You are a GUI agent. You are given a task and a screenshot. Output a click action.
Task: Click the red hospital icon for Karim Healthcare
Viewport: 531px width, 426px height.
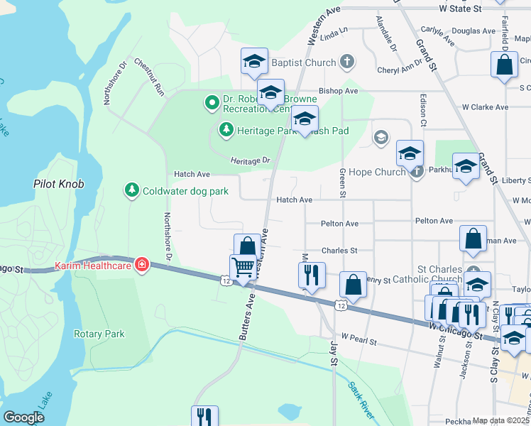click(143, 265)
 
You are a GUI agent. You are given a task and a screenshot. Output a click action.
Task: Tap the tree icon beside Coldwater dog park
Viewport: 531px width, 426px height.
click(131, 190)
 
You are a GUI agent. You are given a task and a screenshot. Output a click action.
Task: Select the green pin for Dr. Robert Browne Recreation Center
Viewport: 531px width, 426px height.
click(212, 104)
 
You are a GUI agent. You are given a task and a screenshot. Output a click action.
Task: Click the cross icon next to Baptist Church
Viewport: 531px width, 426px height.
click(347, 62)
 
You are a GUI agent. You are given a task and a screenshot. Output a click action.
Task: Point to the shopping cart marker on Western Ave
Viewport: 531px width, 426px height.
click(243, 268)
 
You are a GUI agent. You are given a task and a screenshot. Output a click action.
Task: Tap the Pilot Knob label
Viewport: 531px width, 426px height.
click(59, 184)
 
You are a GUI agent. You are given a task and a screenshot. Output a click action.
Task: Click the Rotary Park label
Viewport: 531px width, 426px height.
click(99, 334)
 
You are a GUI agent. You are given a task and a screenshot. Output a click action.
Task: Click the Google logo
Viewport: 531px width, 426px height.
click(23, 417)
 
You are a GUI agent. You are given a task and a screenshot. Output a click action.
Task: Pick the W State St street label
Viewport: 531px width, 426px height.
click(461, 9)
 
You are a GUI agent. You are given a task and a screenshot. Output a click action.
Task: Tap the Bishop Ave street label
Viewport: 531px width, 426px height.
click(339, 91)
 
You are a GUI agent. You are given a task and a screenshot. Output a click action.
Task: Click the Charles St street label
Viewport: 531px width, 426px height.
click(339, 250)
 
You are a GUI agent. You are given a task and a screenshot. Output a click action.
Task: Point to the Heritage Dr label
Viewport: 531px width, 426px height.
click(251, 161)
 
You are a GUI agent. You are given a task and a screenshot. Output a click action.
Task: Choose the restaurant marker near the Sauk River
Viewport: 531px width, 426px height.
click(204, 415)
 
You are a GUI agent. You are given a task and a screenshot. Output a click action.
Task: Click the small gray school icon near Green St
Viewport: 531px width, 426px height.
click(381, 136)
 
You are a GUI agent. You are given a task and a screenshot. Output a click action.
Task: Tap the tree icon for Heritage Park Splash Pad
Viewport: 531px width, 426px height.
click(226, 129)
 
